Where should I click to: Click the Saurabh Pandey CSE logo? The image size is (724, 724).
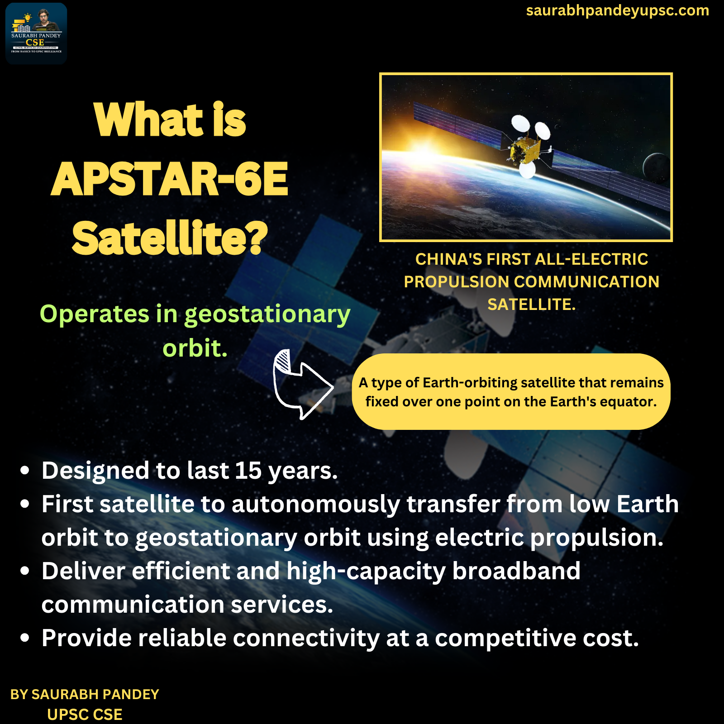(36, 33)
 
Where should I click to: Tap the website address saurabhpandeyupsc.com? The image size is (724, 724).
(617, 10)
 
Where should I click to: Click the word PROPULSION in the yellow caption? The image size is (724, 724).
(456, 282)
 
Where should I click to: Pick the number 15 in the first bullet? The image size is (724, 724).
(248, 471)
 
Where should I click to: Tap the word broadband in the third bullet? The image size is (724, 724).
(516, 571)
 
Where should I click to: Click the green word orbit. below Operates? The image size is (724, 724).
(195, 348)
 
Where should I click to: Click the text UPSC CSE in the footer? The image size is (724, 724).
(85, 714)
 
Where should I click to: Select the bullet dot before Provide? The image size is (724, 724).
(25, 638)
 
